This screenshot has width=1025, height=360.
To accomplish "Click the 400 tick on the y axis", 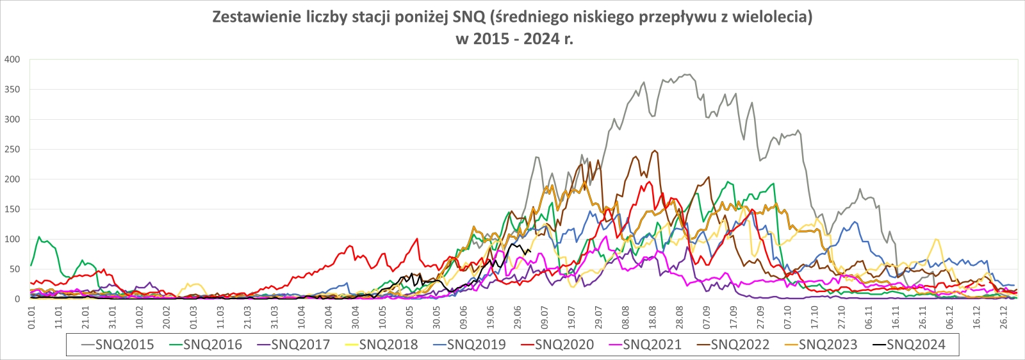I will [x=12, y=60].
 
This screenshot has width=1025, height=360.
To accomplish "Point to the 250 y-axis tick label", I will [x=12, y=149].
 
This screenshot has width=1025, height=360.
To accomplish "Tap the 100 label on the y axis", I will [x=12, y=240].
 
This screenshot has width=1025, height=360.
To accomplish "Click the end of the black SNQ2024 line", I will [x=530, y=251].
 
